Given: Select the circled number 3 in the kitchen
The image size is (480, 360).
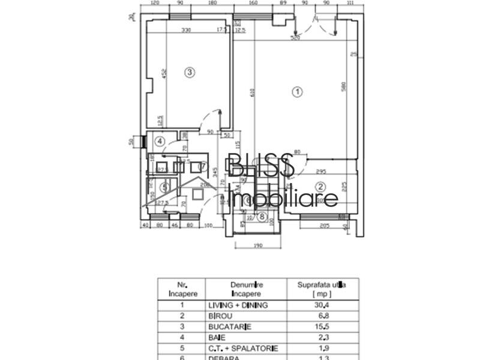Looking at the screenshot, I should tap(189, 73).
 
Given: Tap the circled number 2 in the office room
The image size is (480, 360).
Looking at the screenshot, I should tap(320, 187).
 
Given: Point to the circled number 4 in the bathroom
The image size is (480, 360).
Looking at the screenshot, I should tap(159, 142).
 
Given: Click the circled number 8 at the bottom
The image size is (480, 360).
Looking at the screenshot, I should tap(260, 217).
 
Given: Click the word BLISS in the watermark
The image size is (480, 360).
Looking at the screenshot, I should tap(260, 165).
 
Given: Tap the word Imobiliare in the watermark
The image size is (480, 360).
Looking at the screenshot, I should tap(284, 199).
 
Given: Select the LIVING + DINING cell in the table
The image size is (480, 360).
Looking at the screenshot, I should tap(238, 305).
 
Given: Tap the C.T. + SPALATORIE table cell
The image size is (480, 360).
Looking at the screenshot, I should tap(242, 349).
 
